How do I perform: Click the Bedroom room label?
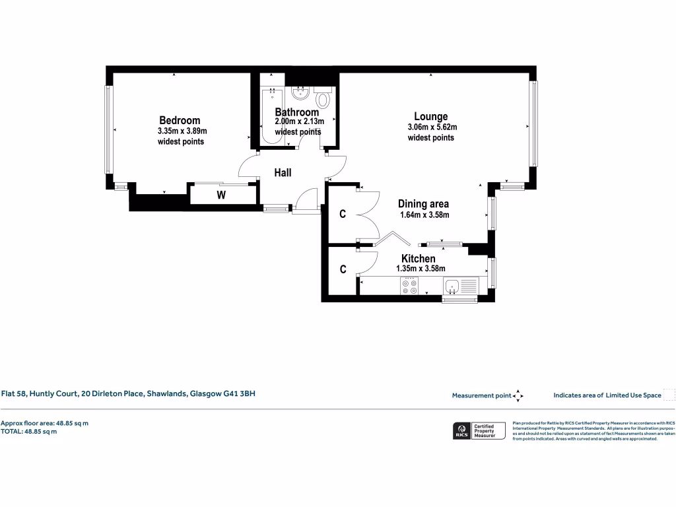click(x=180, y=120)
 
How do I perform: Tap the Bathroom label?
click(x=296, y=112)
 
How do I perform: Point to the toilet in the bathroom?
click(x=323, y=99)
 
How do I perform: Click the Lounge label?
click(x=430, y=116)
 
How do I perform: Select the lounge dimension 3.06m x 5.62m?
click(x=432, y=127)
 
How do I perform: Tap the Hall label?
click(x=283, y=173)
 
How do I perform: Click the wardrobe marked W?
click(x=222, y=195)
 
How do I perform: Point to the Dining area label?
click(x=423, y=204)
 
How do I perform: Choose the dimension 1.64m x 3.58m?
click(x=424, y=215)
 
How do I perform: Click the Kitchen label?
click(x=419, y=259)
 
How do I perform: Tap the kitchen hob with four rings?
click(x=410, y=286)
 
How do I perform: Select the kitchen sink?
click(x=453, y=286)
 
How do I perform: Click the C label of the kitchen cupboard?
click(x=343, y=269)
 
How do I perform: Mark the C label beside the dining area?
click(x=343, y=214)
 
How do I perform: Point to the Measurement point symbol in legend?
click(x=518, y=395)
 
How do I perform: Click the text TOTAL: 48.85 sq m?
click(x=29, y=432)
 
